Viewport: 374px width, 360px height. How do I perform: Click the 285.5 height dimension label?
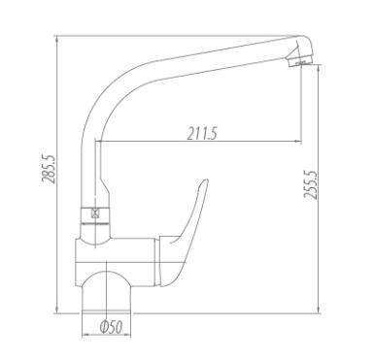pos(49,170)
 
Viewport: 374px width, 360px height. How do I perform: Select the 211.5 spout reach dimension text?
pos(202,133)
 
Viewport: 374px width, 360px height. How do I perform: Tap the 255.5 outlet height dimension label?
pos(310,184)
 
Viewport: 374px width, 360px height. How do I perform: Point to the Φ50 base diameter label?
pos(112,328)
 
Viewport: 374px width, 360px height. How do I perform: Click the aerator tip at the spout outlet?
pos(299,60)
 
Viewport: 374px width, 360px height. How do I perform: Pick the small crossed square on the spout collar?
pos(95,213)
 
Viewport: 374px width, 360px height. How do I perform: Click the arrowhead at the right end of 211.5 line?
pos(297,142)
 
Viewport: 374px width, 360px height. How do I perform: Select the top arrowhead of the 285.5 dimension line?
pos(57,39)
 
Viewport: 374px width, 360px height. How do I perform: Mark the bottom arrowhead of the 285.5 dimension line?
pos(57,310)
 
